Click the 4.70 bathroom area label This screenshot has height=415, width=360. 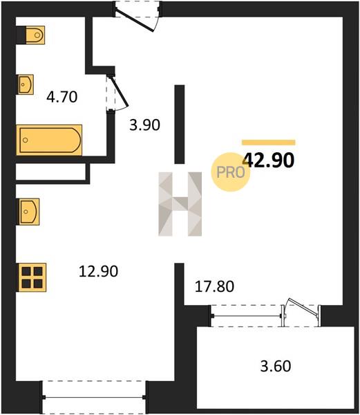(62, 97)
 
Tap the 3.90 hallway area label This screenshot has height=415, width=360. (144, 125)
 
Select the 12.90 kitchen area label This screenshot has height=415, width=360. (98, 271)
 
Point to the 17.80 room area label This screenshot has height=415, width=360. (214, 286)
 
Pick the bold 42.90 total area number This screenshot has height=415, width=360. (269, 160)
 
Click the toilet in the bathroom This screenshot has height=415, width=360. (35, 35)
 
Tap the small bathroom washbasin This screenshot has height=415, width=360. (26, 84)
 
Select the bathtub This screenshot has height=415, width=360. (49, 140)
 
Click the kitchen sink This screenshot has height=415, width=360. (29, 212)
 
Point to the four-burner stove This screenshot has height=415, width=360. (32, 277)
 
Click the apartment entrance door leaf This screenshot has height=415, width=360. (135, 21)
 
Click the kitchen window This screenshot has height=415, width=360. (94, 397)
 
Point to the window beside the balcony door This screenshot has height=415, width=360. (247, 316)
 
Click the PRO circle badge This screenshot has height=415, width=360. (231, 172)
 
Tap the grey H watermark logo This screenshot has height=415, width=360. (180, 204)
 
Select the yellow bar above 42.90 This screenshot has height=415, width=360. (269, 142)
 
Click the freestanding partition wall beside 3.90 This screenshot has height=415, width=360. (180, 124)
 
